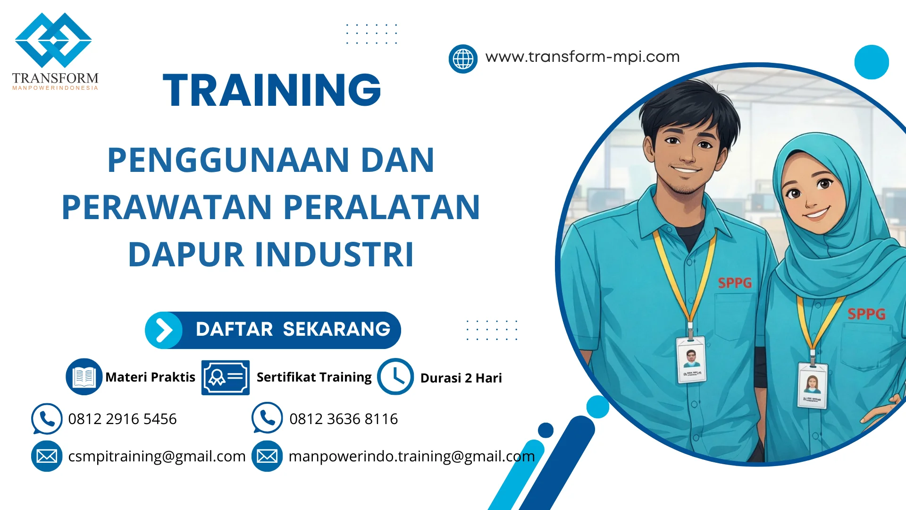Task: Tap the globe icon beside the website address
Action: click(463, 59)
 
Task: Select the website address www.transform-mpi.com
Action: click(582, 57)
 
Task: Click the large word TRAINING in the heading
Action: click(272, 90)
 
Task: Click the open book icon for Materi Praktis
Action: click(84, 377)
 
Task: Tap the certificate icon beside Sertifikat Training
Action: click(225, 377)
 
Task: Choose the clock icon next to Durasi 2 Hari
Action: click(395, 377)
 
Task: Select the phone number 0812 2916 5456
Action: click(122, 419)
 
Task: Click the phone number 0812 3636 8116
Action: click(344, 419)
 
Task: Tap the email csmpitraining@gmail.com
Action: click(157, 456)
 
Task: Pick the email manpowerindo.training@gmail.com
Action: click(411, 456)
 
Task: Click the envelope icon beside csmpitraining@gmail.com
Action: click(47, 456)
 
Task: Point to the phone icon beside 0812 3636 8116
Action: click(267, 418)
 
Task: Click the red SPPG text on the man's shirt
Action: click(735, 283)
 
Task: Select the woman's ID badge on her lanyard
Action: click(813, 385)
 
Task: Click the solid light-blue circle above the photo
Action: click(872, 62)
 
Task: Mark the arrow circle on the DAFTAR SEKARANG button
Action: click(164, 330)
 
